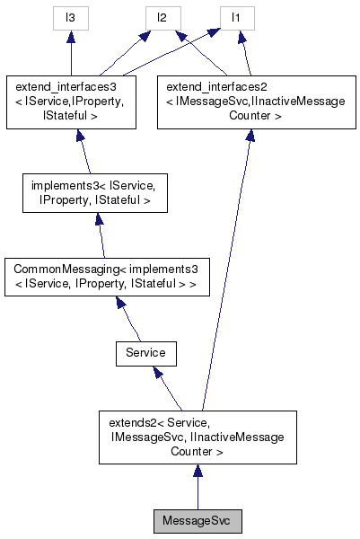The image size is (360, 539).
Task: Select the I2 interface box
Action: [x=162, y=18]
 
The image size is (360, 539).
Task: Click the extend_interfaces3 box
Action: [x=70, y=101]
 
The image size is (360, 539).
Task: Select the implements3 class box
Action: [x=93, y=195]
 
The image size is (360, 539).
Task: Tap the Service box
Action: [x=145, y=353]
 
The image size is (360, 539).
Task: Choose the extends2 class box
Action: [x=198, y=437]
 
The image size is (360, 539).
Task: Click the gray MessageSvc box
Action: [x=198, y=521]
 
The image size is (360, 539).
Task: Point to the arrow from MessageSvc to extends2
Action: [x=198, y=486]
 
